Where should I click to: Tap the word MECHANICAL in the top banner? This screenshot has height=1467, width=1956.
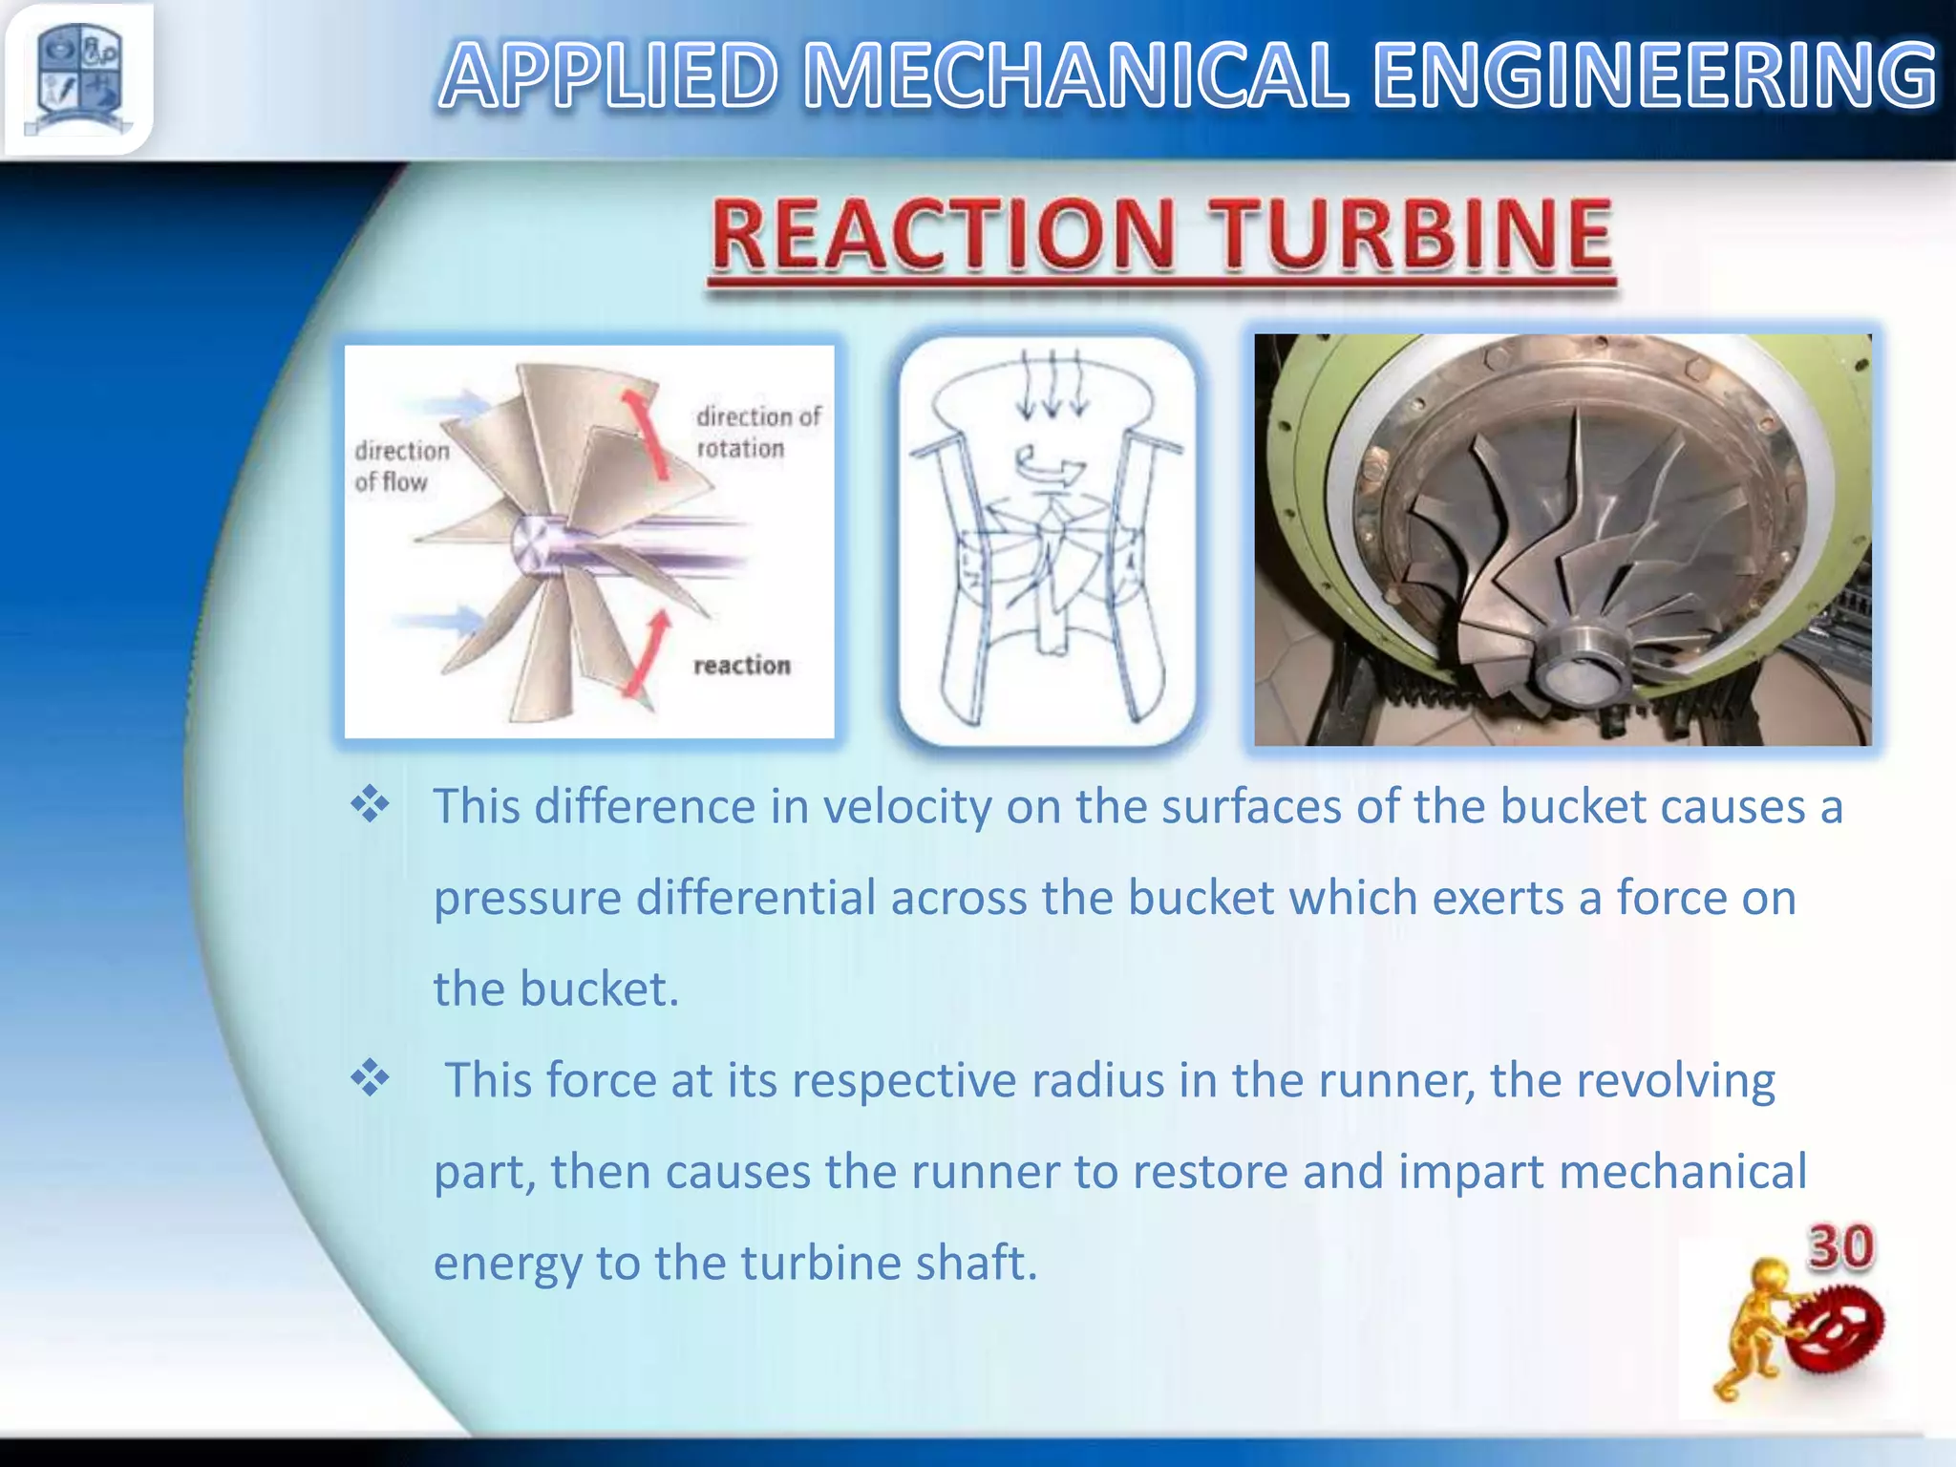[x=1076, y=76]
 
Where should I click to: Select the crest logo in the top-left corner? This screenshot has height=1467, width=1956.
[x=78, y=78]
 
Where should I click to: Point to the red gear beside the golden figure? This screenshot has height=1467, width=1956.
[x=1836, y=1329]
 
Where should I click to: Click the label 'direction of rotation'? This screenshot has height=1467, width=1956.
[x=757, y=432]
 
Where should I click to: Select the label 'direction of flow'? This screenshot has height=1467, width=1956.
[x=401, y=466]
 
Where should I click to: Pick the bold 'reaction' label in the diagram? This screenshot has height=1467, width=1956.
[x=742, y=665]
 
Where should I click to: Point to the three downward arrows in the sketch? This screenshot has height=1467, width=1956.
[x=1052, y=387]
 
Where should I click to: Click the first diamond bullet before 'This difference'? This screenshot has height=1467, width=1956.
[x=370, y=806]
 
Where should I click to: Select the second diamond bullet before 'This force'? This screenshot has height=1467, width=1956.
[x=370, y=1079]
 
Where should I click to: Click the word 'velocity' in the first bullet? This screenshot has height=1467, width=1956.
[x=907, y=808]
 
